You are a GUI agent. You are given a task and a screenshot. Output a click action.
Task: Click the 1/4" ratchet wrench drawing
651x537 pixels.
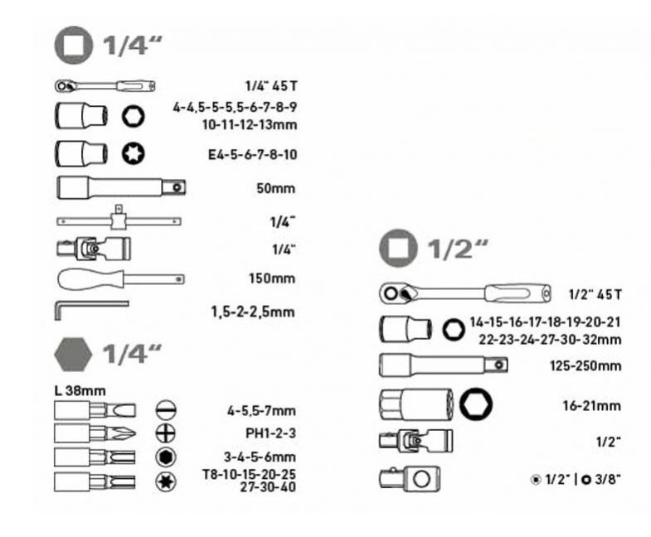(x=105, y=86)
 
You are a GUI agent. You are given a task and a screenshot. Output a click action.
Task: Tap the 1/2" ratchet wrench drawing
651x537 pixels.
(x=465, y=293)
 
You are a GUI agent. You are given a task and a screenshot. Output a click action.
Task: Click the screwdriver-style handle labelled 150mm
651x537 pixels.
(x=121, y=279)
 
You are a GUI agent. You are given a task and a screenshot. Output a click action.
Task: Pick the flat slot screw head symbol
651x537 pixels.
(x=166, y=410)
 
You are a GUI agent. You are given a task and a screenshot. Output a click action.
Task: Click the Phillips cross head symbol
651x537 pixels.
(x=166, y=433)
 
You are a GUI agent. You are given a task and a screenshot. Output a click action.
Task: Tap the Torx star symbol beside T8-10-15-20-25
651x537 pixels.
(x=166, y=481)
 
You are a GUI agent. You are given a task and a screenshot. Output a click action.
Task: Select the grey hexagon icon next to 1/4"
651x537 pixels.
(x=73, y=354)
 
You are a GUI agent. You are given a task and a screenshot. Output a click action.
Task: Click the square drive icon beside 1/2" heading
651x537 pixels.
(x=398, y=248)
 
